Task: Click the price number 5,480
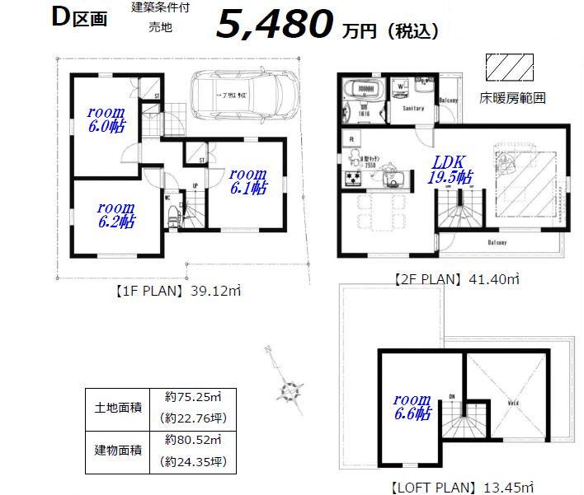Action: coord(274,26)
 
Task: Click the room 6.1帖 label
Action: coord(247,180)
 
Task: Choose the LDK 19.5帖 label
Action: coord(450,170)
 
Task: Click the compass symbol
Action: coord(290,389)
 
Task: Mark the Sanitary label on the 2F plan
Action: coord(412,108)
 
